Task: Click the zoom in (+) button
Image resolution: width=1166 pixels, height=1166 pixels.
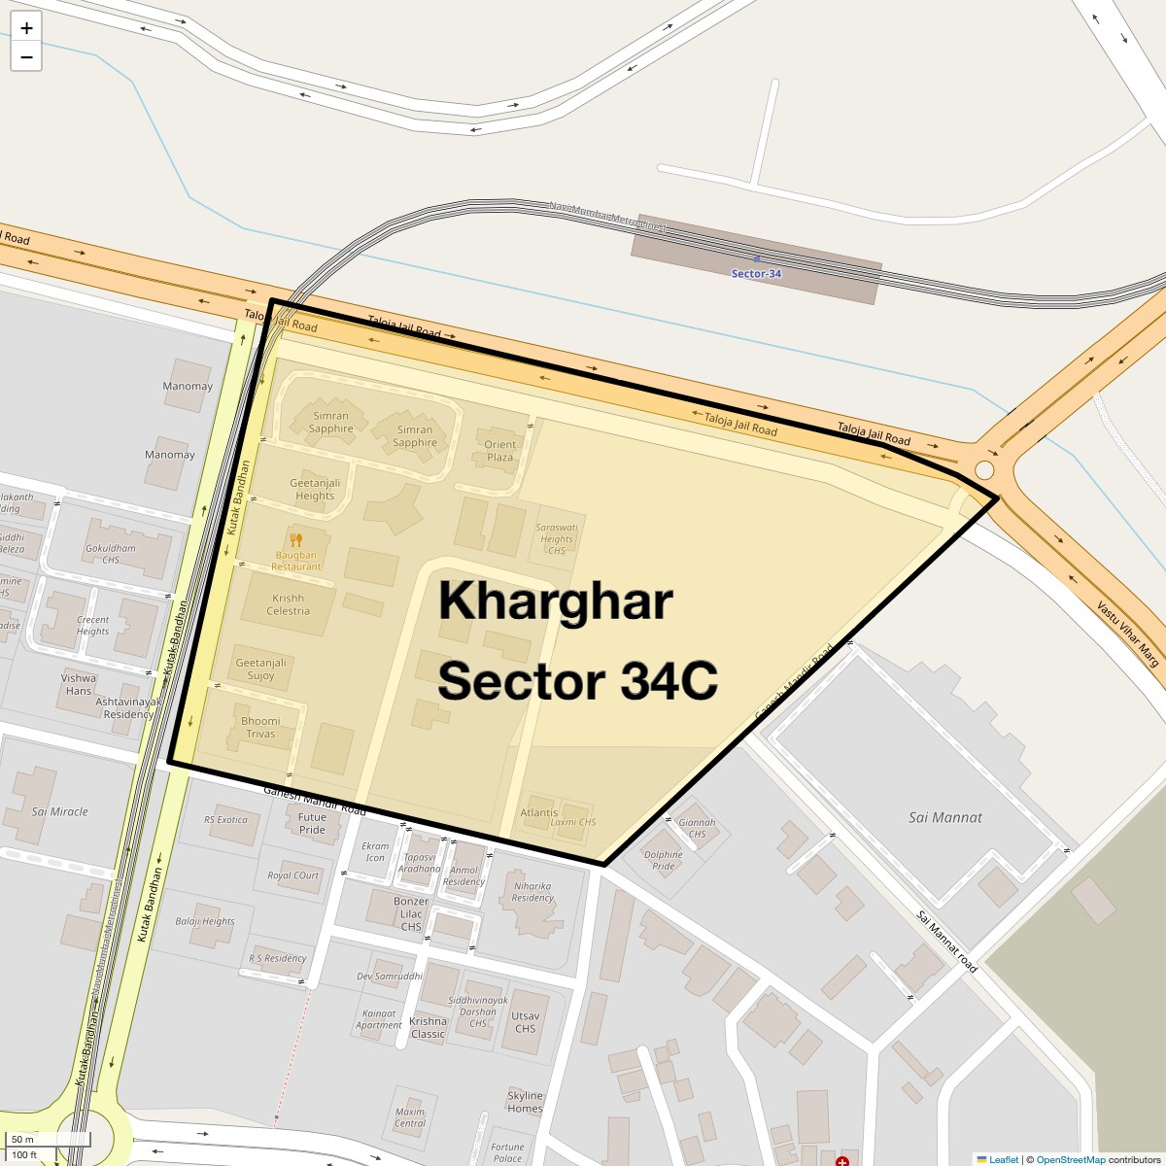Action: [x=26, y=28]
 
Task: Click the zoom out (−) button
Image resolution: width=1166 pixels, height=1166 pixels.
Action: [x=26, y=57]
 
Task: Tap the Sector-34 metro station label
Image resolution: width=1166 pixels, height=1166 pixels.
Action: [x=756, y=273]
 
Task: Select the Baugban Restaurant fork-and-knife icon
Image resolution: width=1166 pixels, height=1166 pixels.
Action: [x=296, y=540]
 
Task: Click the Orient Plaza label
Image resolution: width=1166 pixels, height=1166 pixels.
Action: [x=499, y=451]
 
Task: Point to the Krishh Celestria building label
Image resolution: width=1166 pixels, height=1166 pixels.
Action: [x=288, y=604]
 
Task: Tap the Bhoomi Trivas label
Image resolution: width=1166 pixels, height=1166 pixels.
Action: [x=260, y=727]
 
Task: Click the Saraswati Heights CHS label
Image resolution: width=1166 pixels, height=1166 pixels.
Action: [x=556, y=538]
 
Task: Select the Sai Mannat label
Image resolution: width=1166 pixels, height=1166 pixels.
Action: [x=944, y=817]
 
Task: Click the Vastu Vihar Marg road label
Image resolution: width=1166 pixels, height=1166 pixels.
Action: [x=1128, y=634]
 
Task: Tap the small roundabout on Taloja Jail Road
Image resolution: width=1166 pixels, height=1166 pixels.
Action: [x=984, y=470]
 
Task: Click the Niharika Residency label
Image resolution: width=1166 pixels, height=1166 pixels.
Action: [x=532, y=891]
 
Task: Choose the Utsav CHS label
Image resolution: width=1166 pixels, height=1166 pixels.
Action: [x=525, y=1022]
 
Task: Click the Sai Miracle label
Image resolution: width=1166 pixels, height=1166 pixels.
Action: [x=59, y=811]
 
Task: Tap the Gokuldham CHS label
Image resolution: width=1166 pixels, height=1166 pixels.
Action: [x=110, y=554]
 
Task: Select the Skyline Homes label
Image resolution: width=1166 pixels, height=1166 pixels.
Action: [x=525, y=1102]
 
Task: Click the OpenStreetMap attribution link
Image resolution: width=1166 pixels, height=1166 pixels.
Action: [x=1070, y=1159]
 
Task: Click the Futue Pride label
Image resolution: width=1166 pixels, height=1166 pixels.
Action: [x=312, y=824]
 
